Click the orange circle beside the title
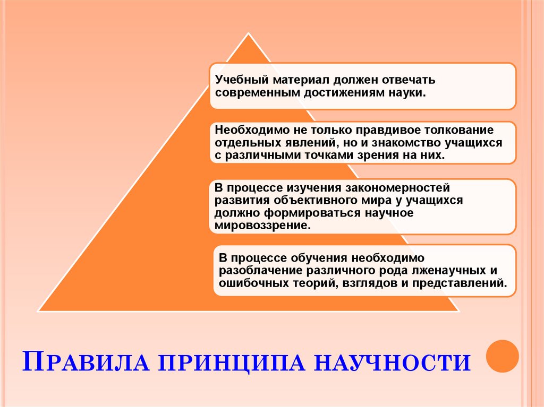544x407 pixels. (503, 356)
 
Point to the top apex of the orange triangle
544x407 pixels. (248, 34)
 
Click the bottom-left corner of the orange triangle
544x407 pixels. (38, 310)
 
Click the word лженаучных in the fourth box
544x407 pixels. (450, 271)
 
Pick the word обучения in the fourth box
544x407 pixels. (319, 258)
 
